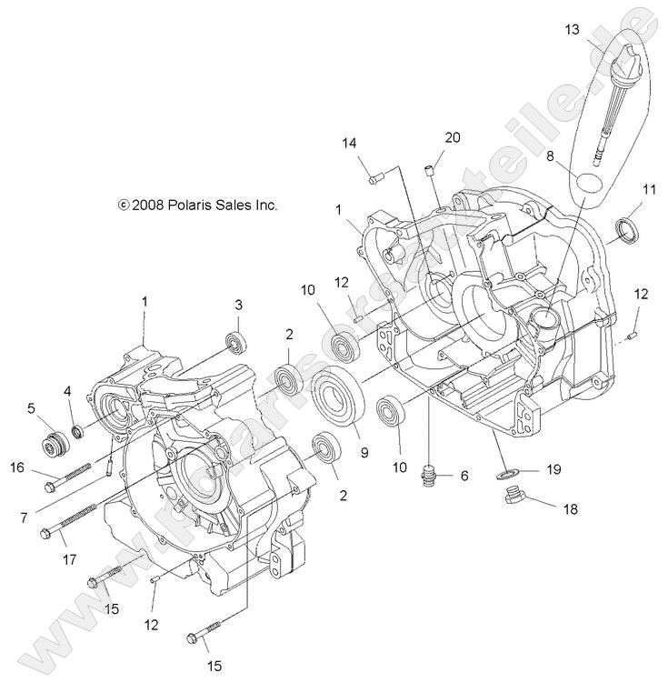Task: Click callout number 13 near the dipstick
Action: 571,29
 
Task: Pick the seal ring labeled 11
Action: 626,230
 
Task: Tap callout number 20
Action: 453,137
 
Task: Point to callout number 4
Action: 68,391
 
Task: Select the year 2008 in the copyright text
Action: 145,206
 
